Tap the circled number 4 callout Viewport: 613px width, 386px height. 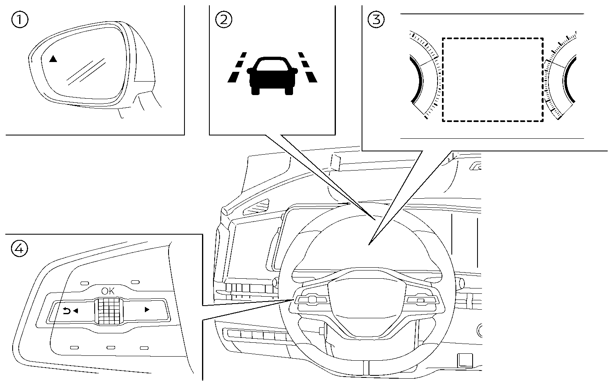(x=20, y=248)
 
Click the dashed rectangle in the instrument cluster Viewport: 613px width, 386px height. (x=493, y=80)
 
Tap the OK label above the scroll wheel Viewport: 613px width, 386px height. (x=108, y=291)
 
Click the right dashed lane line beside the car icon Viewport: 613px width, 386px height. (x=307, y=68)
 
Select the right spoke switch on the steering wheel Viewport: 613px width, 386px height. (x=420, y=300)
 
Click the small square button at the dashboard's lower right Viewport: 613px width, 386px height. (x=464, y=359)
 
